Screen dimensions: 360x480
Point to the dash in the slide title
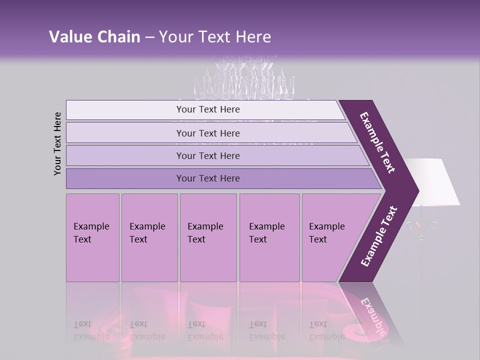[x=149, y=37]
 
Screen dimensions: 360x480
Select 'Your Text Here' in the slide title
[x=215, y=37]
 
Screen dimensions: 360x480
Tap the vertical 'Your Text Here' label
[x=57, y=143]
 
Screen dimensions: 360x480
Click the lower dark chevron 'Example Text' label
[x=379, y=236]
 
